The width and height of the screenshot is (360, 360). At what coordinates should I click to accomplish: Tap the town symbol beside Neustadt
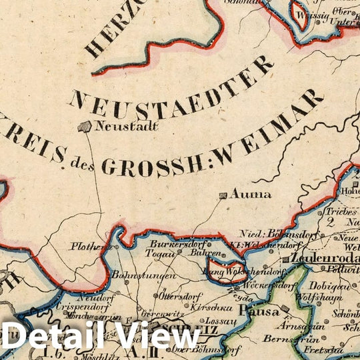tap(85, 126)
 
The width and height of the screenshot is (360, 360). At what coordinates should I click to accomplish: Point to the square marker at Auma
tap(222, 195)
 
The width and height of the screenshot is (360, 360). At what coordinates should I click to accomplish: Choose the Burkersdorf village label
tap(171, 245)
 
